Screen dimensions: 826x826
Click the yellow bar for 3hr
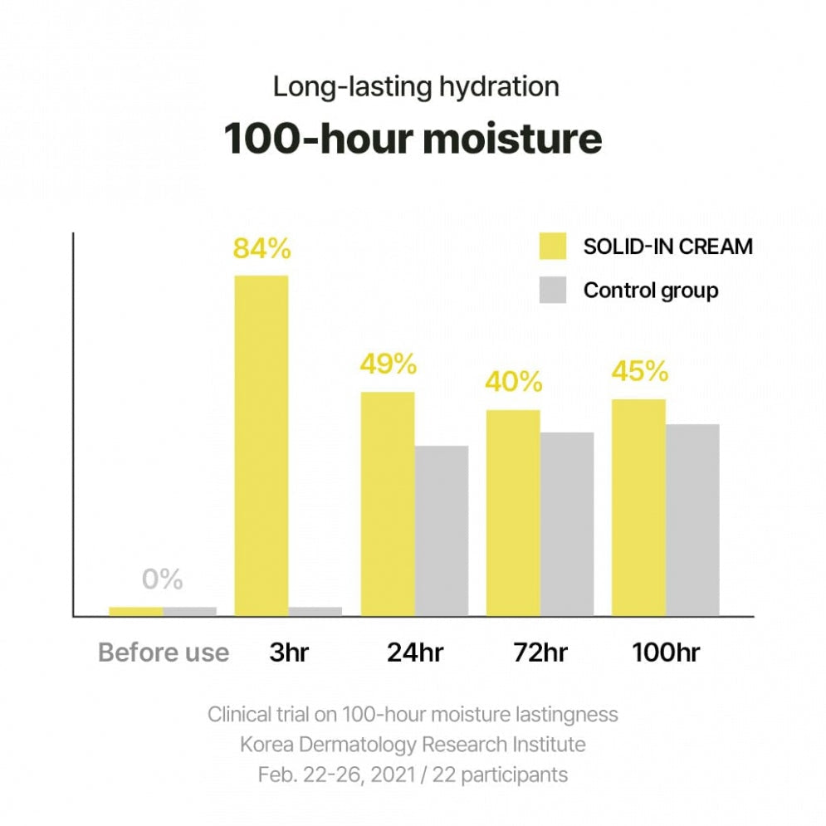(x=261, y=445)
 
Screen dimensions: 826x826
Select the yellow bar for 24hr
(x=388, y=503)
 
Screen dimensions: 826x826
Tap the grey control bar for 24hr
(x=442, y=530)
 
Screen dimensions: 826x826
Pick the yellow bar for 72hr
(x=513, y=512)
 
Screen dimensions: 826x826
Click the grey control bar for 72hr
(x=567, y=524)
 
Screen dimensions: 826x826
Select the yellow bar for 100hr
(x=638, y=507)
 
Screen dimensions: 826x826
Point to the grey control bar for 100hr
(x=692, y=520)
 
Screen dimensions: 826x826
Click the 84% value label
(x=261, y=248)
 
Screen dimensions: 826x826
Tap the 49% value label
(x=388, y=364)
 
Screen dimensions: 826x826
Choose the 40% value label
(x=514, y=382)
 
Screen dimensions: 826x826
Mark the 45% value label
(x=639, y=371)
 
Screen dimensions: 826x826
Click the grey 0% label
(x=162, y=579)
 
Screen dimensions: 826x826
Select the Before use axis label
(x=164, y=652)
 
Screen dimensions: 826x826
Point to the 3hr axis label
(x=288, y=652)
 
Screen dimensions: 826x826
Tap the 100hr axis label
(x=665, y=652)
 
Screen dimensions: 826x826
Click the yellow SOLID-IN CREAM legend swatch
(x=552, y=247)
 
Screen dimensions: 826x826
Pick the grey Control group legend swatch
(x=552, y=291)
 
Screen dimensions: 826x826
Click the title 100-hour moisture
(x=413, y=139)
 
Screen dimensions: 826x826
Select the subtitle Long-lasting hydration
(x=416, y=86)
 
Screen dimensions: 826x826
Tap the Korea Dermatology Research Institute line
(x=413, y=744)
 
